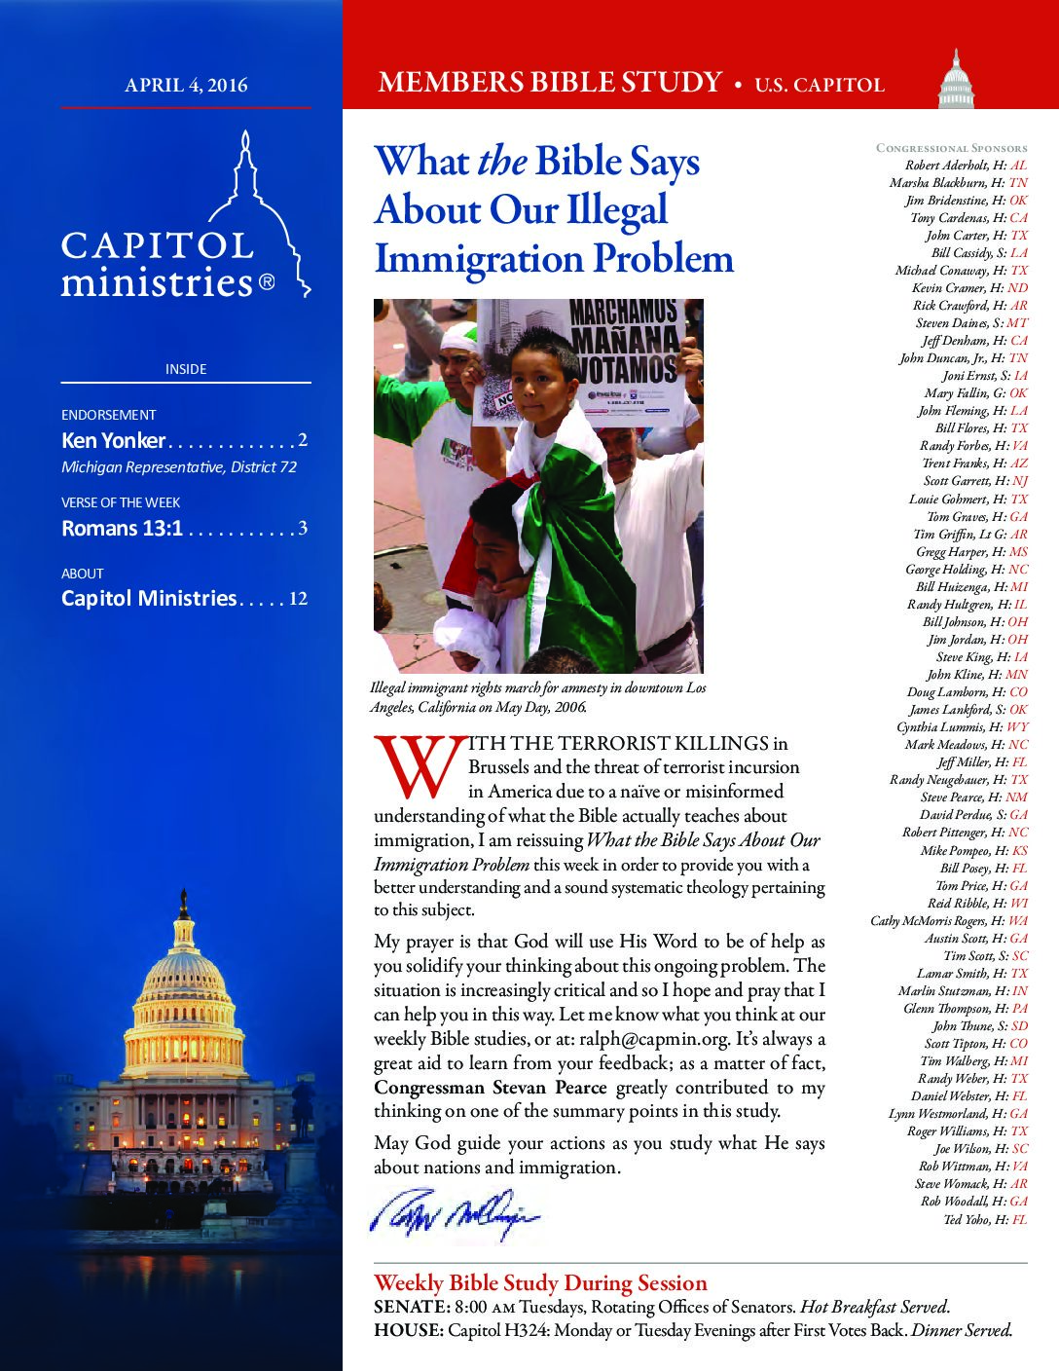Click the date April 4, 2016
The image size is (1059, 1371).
coord(186,86)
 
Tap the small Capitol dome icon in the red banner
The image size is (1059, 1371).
coord(956,81)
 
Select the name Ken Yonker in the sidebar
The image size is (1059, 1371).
coord(113,440)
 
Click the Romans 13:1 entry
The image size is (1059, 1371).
coord(122,529)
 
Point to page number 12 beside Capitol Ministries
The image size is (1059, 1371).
coord(298,598)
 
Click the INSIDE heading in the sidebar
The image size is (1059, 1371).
coord(186,369)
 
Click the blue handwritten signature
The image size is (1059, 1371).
coord(454,1216)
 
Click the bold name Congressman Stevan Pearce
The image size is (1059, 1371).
coord(490,1088)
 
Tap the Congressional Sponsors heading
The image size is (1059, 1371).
coord(951,148)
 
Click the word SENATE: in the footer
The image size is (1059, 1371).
coord(411,1307)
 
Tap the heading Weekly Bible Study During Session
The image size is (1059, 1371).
coord(540,1282)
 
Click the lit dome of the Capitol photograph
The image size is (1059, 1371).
coord(183,983)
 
